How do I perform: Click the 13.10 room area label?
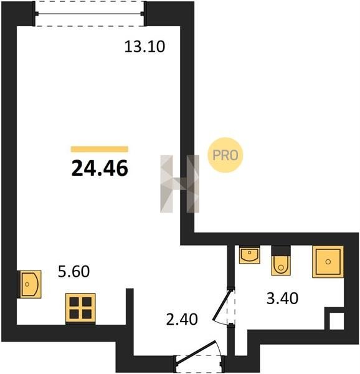[144, 47]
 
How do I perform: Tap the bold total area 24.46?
[100, 168]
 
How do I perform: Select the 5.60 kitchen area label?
[74, 271]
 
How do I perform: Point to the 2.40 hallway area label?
[182, 319]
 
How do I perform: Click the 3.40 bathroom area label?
[282, 298]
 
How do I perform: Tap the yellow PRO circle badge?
[225, 155]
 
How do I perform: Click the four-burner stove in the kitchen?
[80, 308]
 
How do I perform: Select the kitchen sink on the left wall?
[30, 284]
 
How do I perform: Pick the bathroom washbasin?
[250, 254]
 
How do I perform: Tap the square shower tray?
[328, 262]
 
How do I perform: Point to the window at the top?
[90, 14]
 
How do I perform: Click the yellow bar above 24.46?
[100, 149]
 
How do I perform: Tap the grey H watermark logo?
[180, 184]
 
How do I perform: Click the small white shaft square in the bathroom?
[337, 321]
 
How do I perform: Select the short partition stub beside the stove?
[130, 307]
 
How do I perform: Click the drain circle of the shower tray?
[328, 262]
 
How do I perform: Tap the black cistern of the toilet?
[281, 251]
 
